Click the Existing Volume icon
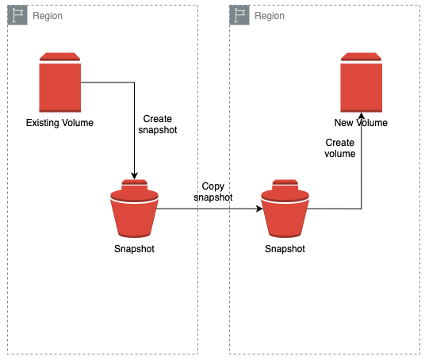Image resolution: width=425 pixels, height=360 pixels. [60, 82]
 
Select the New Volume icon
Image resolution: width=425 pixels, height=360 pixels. [362, 82]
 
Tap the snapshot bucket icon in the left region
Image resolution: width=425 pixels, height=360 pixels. [134, 209]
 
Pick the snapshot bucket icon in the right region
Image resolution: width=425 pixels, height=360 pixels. [285, 209]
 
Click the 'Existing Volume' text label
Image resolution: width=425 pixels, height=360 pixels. [59, 123]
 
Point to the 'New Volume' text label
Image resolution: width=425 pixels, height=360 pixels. [361, 123]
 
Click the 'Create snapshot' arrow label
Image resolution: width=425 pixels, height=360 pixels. [158, 124]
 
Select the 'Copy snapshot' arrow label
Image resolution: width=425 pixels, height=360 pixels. [212, 191]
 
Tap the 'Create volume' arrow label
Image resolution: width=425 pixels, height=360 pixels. [340, 148]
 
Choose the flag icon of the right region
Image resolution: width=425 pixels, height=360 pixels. [239, 15]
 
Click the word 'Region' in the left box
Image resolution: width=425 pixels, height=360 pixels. [48, 16]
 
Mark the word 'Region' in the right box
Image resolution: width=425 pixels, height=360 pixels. [270, 16]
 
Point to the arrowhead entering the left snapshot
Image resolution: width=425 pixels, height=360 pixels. [134, 176]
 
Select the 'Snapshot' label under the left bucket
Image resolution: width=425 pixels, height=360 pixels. [134, 249]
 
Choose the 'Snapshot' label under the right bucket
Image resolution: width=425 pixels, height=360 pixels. [285, 249]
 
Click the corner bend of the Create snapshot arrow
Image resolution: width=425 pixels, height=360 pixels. [134, 82]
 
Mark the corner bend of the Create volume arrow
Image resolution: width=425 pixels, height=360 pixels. [362, 209]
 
